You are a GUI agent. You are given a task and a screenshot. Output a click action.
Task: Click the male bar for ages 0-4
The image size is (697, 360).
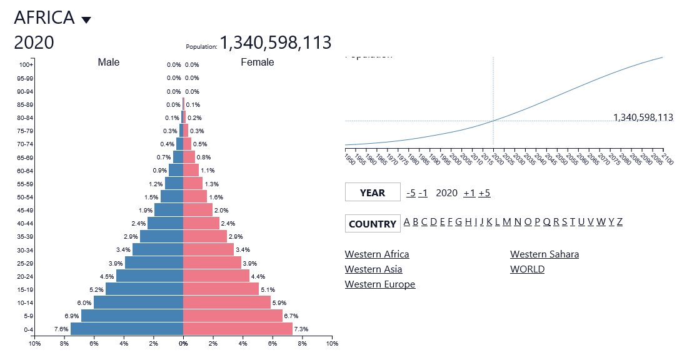point(127,329)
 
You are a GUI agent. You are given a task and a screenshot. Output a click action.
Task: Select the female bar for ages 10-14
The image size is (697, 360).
point(227,302)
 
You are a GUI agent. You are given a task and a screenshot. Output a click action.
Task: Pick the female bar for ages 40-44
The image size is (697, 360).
point(201,223)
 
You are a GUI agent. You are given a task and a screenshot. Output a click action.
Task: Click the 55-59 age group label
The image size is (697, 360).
point(25,184)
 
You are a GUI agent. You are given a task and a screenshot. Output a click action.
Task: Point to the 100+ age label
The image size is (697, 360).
point(26,64)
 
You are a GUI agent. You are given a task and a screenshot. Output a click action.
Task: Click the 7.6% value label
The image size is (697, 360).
point(61,329)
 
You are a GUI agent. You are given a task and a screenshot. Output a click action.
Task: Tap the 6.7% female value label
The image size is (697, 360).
point(291,316)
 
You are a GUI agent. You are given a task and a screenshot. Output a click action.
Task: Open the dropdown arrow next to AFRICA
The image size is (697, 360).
point(86,20)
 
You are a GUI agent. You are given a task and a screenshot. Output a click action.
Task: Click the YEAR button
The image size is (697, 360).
point(373,192)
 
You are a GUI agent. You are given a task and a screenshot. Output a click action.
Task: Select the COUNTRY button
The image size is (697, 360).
point(373,224)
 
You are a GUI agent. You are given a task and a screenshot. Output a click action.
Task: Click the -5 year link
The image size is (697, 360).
point(411,192)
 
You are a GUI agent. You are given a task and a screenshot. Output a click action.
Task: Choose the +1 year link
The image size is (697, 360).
point(469,192)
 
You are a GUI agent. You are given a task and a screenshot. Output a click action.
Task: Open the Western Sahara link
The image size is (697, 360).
point(544,254)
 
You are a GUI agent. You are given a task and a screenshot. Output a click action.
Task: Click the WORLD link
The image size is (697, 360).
point(527,269)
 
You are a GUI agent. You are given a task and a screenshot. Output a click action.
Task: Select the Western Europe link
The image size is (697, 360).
point(380,284)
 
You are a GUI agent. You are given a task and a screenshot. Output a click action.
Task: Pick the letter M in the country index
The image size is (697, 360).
point(507,222)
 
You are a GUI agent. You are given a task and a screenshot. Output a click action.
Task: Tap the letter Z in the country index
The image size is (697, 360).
point(619,222)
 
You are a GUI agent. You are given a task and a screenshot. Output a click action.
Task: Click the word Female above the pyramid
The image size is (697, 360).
point(257,62)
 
